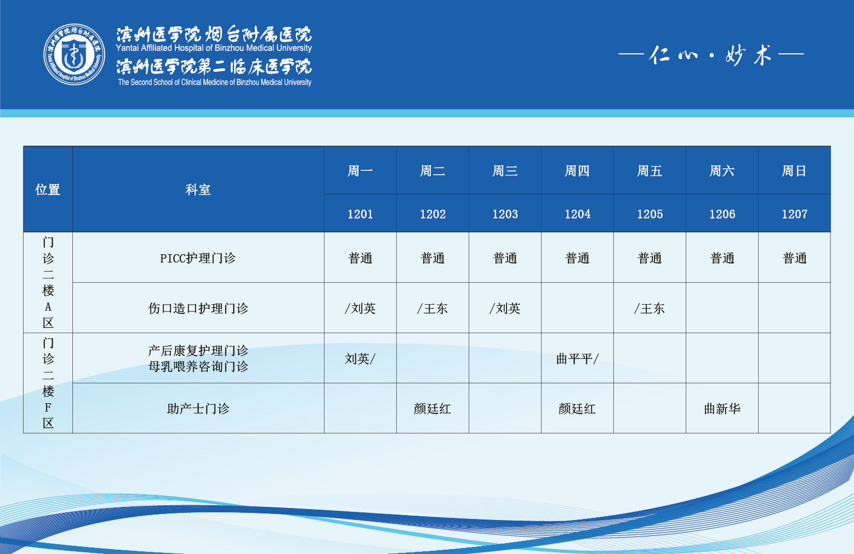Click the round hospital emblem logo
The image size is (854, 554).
pyautogui.click(x=75, y=54)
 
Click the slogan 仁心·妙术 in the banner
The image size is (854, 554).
pyautogui.click(x=711, y=55)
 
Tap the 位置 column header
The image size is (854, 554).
pyautogui.click(x=48, y=190)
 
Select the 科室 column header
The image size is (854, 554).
pyautogui.click(x=198, y=190)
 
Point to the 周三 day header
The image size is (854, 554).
pyautogui.click(x=505, y=171)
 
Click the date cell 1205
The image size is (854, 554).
pyautogui.click(x=650, y=214)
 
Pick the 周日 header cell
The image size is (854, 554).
pyautogui.click(x=794, y=171)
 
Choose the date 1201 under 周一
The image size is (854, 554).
pyautogui.click(x=360, y=214)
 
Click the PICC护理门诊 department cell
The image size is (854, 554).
pyautogui.click(x=198, y=258)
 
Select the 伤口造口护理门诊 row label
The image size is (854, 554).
pyautogui.click(x=198, y=309)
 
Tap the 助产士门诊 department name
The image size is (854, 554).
pyautogui.click(x=198, y=408)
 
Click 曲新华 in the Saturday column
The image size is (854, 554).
pyautogui.click(x=722, y=408)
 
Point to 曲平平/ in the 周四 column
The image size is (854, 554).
pyautogui.click(x=577, y=358)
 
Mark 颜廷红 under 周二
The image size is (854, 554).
pyautogui.click(x=432, y=408)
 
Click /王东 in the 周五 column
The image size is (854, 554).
pyautogui.click(x=649, y=309)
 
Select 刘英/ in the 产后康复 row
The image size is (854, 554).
pyautogui.click(x=360, y=358)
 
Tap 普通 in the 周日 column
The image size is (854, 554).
pyautogui.click(x=794, y=258)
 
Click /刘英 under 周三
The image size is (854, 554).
pyautogui.click(x=505, y=309)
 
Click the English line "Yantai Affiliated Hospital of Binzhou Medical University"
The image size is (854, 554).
pyautogui.click(x=214, y=48)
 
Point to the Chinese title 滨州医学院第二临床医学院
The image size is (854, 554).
pyautogui.click(x=214, y=67)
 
